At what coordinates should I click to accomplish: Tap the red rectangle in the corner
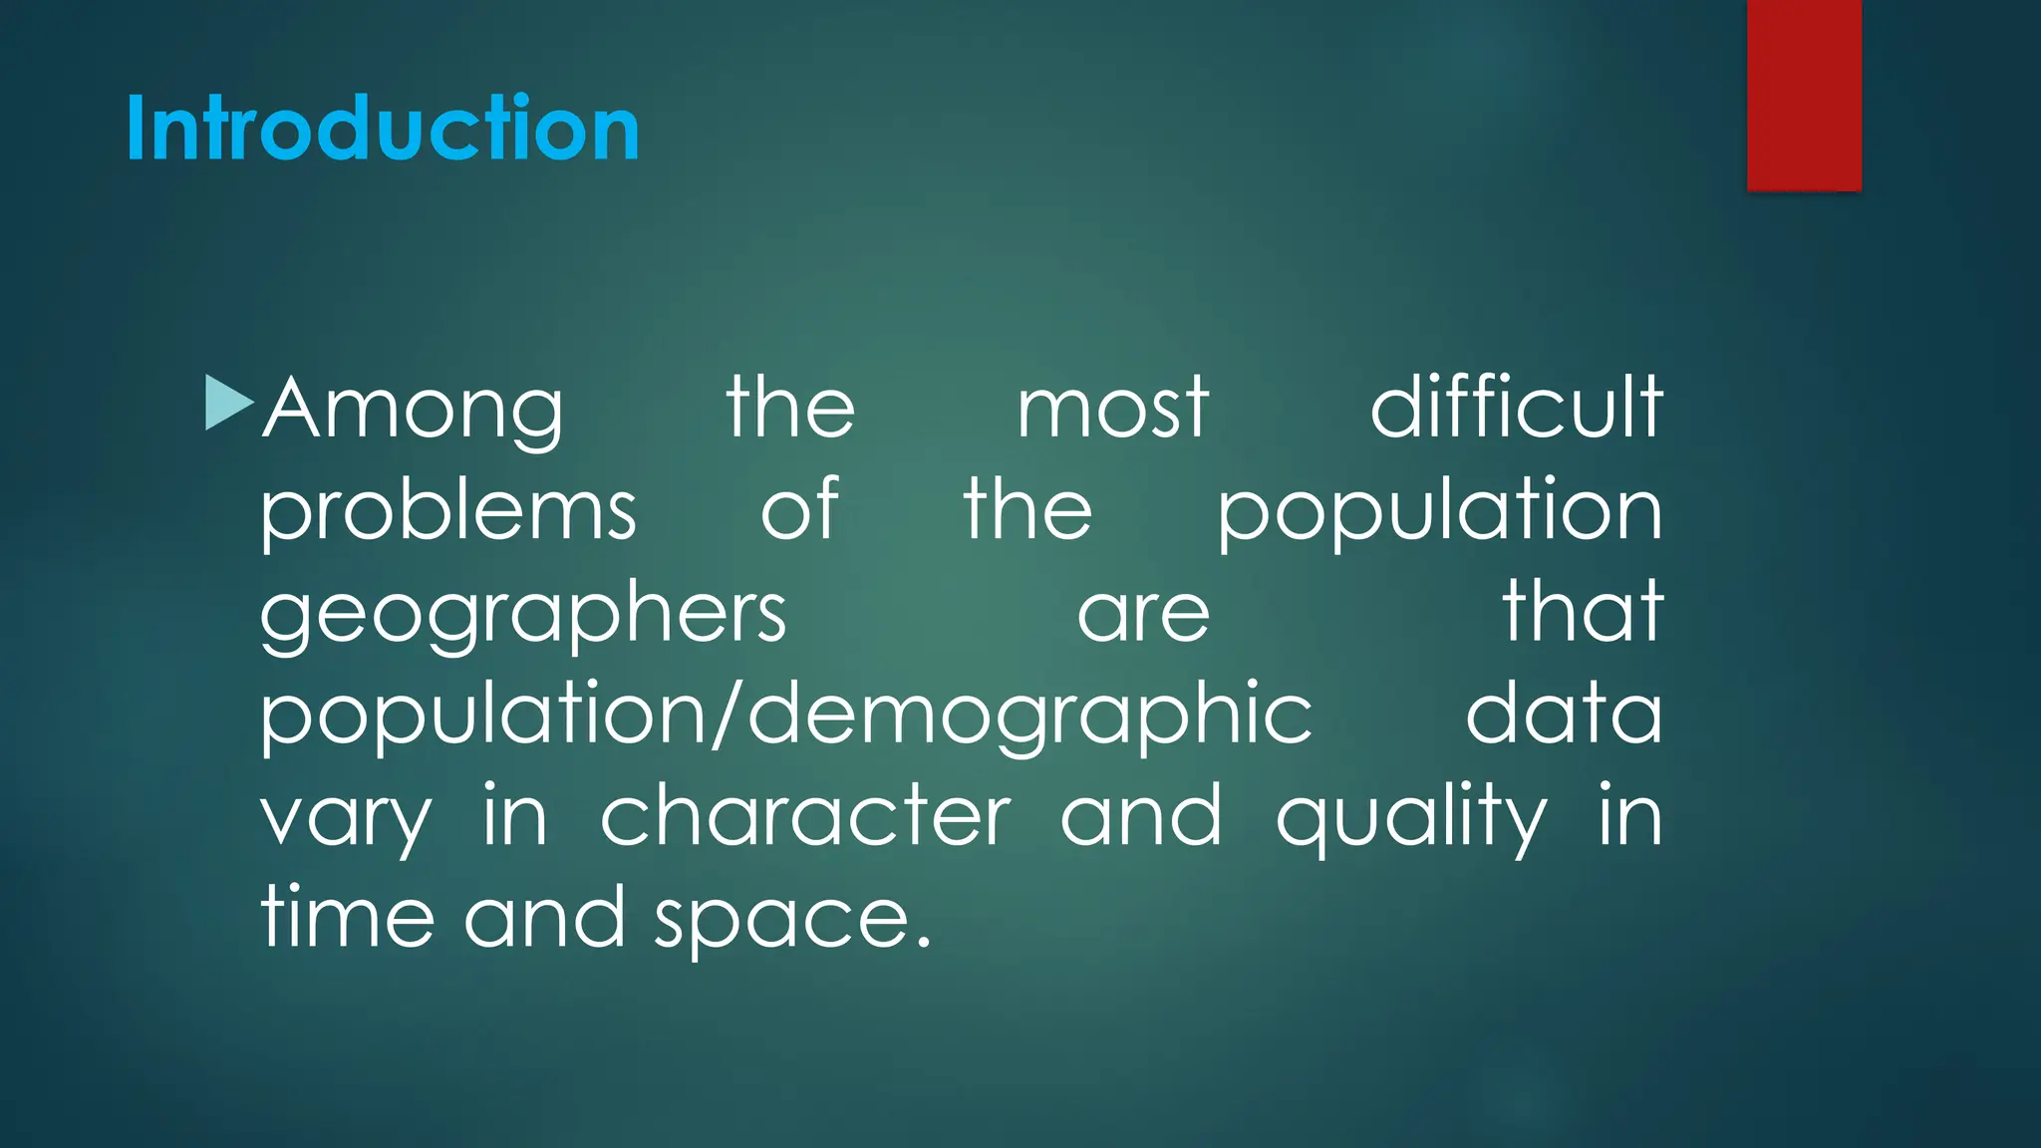1804,95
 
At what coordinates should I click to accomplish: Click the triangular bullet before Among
228,403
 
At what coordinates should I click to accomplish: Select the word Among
413,409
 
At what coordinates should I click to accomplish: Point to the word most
1112,409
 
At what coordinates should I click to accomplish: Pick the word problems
447,510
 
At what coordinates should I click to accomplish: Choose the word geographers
523,614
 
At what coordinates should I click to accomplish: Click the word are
1143,615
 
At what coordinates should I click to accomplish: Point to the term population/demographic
786,715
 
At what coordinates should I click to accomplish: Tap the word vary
346,819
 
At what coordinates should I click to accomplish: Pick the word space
781,920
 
